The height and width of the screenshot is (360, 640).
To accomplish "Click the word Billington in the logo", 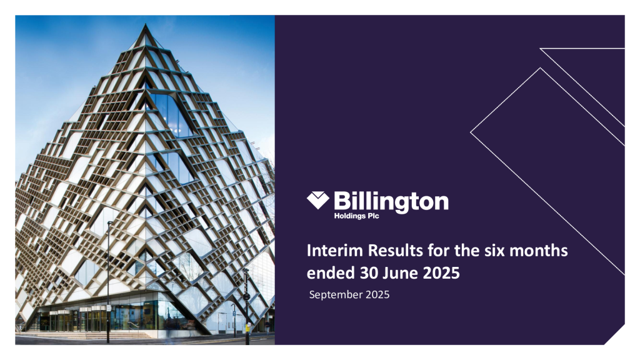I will [x=391, y=201].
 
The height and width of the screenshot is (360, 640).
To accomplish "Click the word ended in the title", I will [x=326, y=272].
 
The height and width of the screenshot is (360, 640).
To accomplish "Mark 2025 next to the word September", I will [x=377, y=294].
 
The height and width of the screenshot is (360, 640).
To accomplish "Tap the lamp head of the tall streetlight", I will [x=110, y=222].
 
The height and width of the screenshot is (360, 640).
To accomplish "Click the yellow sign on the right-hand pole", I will [x=247, y=326].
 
